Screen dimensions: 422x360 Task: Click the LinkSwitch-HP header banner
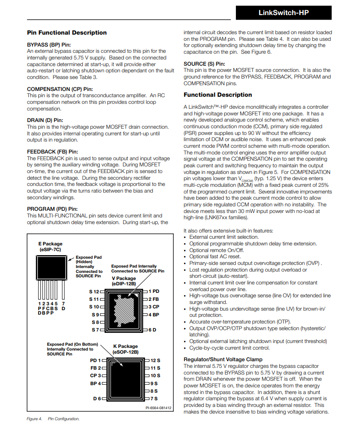tap(283, 13)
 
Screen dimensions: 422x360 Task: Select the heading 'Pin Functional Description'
tap(67, 32)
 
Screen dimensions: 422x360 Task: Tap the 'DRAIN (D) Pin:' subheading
tap(45, 120)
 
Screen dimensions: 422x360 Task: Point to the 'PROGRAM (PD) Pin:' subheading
tap(52, 209)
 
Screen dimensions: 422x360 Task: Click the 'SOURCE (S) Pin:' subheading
tap(204, 64)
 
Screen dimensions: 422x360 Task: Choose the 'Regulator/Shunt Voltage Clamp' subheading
tap(223, 359)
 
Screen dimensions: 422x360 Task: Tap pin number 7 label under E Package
tap(63, 303)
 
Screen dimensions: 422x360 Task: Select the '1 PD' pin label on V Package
tap(154, 292)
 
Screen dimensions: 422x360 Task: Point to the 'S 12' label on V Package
tap(94, 292)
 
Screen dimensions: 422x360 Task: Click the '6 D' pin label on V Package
tap(152, 330)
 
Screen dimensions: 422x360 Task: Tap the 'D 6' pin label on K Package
tap(97, 398)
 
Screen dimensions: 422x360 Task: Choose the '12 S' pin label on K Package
tap(155, 361)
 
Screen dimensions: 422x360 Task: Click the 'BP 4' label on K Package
tap(95, 383)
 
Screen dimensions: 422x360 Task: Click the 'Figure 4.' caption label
tap(35, 418)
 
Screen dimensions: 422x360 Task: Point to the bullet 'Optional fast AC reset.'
tap(215, 256)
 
